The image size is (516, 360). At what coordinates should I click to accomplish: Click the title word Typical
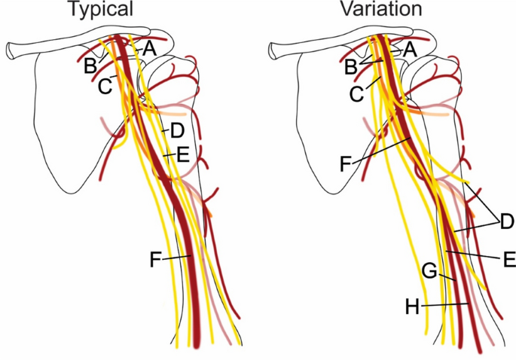(x=101, y=11)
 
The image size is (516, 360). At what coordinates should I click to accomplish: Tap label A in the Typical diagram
(x=148, y=48)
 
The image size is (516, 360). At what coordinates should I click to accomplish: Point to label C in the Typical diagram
(x=105, y=86)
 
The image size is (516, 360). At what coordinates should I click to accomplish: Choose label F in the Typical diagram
(x=155, y=261)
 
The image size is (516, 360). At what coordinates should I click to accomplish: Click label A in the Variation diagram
(x=410, y=48)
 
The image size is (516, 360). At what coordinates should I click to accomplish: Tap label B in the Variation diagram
(x=350, y=67)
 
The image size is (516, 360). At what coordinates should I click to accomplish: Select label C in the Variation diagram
(x=357, y=93)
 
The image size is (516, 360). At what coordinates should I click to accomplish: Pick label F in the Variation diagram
(x=347, y=163)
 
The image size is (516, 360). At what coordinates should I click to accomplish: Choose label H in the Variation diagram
(x=412, y=307)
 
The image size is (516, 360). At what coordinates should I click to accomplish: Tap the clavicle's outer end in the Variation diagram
(x=274, y=50)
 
